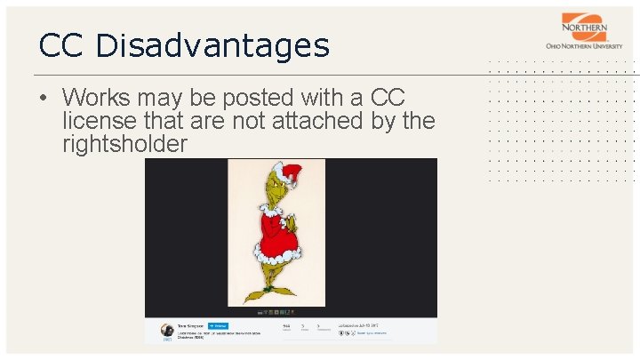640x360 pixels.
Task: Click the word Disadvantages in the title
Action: coord(212,44)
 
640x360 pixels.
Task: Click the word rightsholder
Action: coord(125,143)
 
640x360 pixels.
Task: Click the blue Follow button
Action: coord(218,325)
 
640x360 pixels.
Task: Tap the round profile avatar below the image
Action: coord(166,331)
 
